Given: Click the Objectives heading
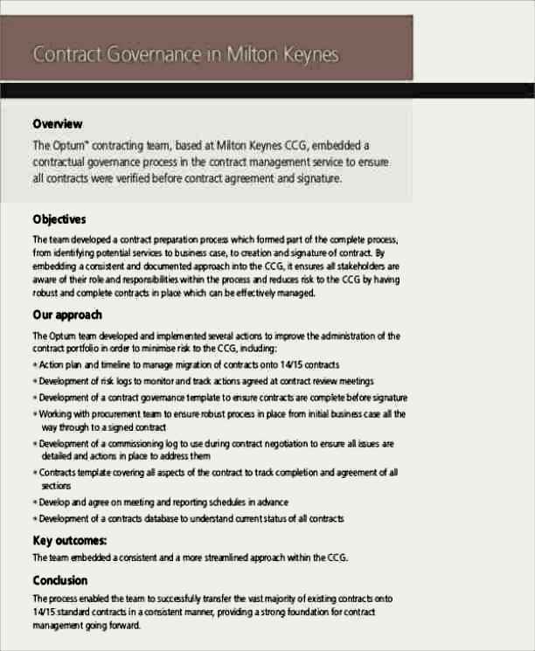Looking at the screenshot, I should pos(59,218).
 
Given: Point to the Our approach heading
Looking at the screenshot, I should pos(67,315).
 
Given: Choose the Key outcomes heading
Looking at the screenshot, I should pos(70,540).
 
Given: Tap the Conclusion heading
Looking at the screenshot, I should pos(60,580).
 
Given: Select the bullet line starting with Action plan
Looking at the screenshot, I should pos(189,364).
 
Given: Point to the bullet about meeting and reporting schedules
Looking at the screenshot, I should pos(163,502).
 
